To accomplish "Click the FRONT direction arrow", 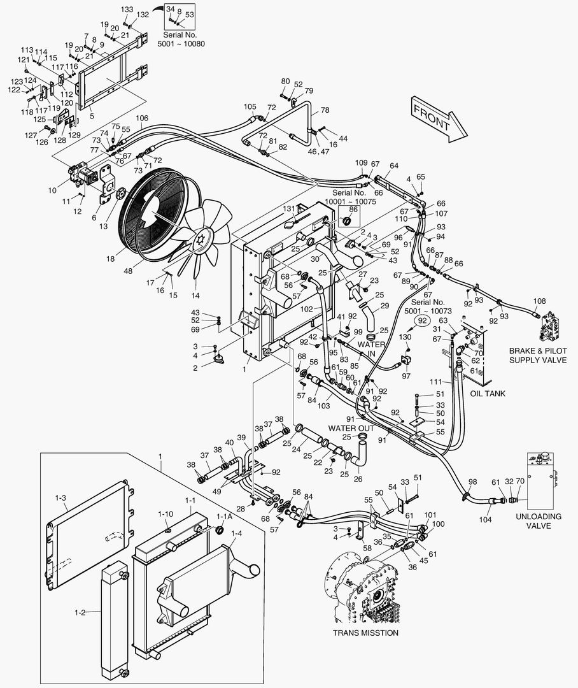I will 438,118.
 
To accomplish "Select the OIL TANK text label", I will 487,394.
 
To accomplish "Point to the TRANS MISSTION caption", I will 365,633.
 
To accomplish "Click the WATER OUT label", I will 351,428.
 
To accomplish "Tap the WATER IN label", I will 371,348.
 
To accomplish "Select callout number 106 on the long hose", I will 141,118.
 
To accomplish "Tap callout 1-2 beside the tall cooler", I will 80,612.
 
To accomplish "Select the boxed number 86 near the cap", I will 349,208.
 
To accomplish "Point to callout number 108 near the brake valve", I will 539,300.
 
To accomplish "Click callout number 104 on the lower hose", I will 486,520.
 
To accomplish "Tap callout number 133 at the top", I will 127,10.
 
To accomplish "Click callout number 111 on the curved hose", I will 435,381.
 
